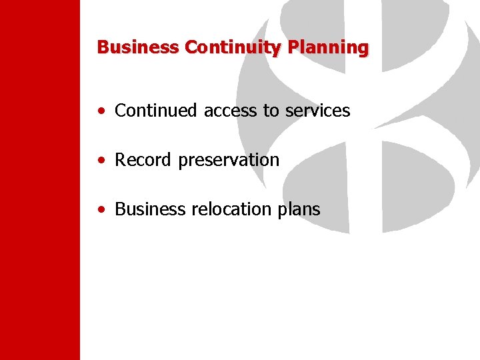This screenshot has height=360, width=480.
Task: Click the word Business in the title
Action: [137, 47]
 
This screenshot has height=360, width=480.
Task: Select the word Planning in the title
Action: [328, 48]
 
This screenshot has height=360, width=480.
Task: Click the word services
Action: [317, 111]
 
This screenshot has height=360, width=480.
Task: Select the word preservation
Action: [229, 161]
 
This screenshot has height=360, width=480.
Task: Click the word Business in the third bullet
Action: [151, 209]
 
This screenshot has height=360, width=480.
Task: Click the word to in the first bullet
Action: [271, 111]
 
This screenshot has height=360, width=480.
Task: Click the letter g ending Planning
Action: [363, 49]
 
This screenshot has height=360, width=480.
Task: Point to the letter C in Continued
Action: [121, 111]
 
